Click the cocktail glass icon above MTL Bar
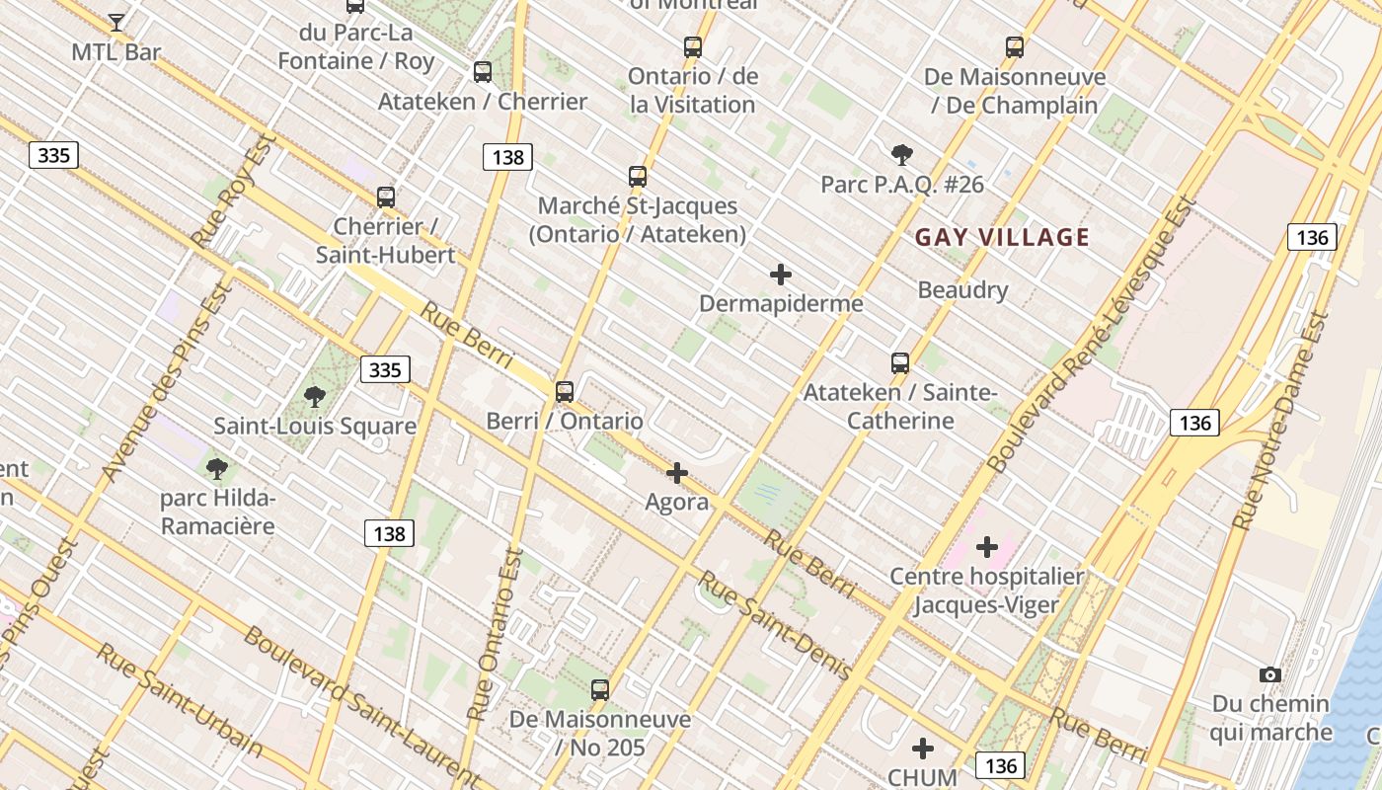coord(116,21)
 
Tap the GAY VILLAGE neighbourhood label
coord(1002,237)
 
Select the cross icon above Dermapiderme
coord(781,274)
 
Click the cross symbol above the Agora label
coord(677,473)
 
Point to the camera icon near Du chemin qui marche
coord(1270,674)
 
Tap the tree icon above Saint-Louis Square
coord(315,397)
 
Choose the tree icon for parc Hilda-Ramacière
coord(217,468)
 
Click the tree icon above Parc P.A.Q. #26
coord(901,154)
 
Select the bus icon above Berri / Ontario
coord(565,391)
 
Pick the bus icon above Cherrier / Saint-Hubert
coord(386,197)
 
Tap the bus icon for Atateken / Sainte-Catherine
coord(900,362)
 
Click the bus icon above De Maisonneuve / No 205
coord(600,690)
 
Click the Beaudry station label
coord(962,290)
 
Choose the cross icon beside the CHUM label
coord(923,749)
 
